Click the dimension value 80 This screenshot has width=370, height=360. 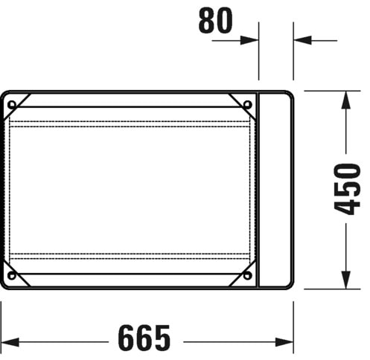(x=215, y=22)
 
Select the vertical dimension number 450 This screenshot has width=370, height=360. (x=346, y=187)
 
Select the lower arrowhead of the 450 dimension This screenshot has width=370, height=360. (x=346, y=281)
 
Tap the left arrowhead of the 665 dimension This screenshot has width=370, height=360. (x=6, y=339)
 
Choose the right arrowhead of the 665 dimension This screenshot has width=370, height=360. (x=287, y=339)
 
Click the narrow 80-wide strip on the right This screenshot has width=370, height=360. (x=275, y=189)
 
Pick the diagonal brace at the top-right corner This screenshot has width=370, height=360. (x=242, y=105)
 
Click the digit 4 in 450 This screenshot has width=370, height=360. (x=346, y=206)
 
